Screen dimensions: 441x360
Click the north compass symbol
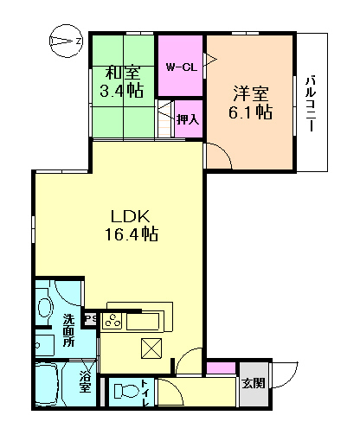pyautogui.click(x=63, y=39)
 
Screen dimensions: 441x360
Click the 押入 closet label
pyautogui.click(x=187, y=118)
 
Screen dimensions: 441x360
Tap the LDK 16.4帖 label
pyautogui.click(x=132, y=223)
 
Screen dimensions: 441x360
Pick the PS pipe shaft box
pyautogui.click(x=89, y=318)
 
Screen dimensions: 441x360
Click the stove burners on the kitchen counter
pyautogui.click(x=112, y=321)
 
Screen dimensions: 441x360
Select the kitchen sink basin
pyautogui.click(x=144, y=322)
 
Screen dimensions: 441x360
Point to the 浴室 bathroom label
pyautogui.click(x=85, y=381)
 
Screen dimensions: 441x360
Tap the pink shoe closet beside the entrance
pyautogui.click(x=222, y=369)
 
